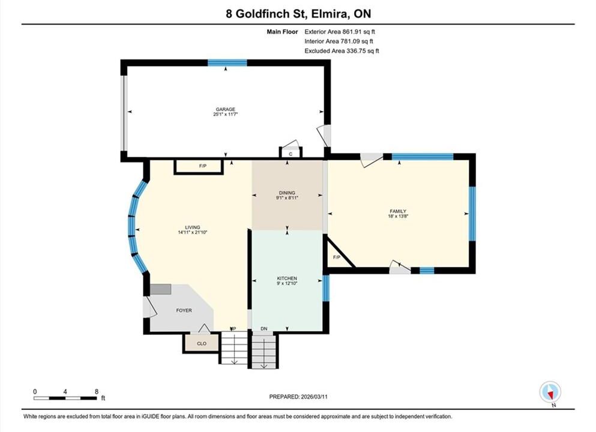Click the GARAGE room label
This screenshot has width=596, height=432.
point(226,109)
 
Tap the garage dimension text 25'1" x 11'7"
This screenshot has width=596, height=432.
point(226,115)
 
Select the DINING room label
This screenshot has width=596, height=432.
point(287,193)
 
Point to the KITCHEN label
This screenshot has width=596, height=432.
point(287,278)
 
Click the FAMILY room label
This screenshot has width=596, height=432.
point(398,211)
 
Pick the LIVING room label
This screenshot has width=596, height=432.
point(192,227)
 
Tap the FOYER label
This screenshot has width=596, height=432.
point(184,310)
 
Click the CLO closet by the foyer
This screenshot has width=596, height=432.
point(202,343)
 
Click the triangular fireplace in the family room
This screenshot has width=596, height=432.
point(337,256)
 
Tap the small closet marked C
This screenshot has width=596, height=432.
point(290,153)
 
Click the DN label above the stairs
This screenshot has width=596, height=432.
point(264,329)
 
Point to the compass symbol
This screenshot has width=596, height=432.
point(550,392)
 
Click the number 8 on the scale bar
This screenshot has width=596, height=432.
point(97,392)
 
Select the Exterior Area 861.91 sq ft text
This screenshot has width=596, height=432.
point(340,32)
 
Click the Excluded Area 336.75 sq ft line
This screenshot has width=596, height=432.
point(342,51)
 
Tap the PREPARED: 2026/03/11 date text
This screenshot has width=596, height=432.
point(298,397)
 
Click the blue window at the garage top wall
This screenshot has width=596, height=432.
point(227,62)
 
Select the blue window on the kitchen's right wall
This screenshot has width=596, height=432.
point(326,288)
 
